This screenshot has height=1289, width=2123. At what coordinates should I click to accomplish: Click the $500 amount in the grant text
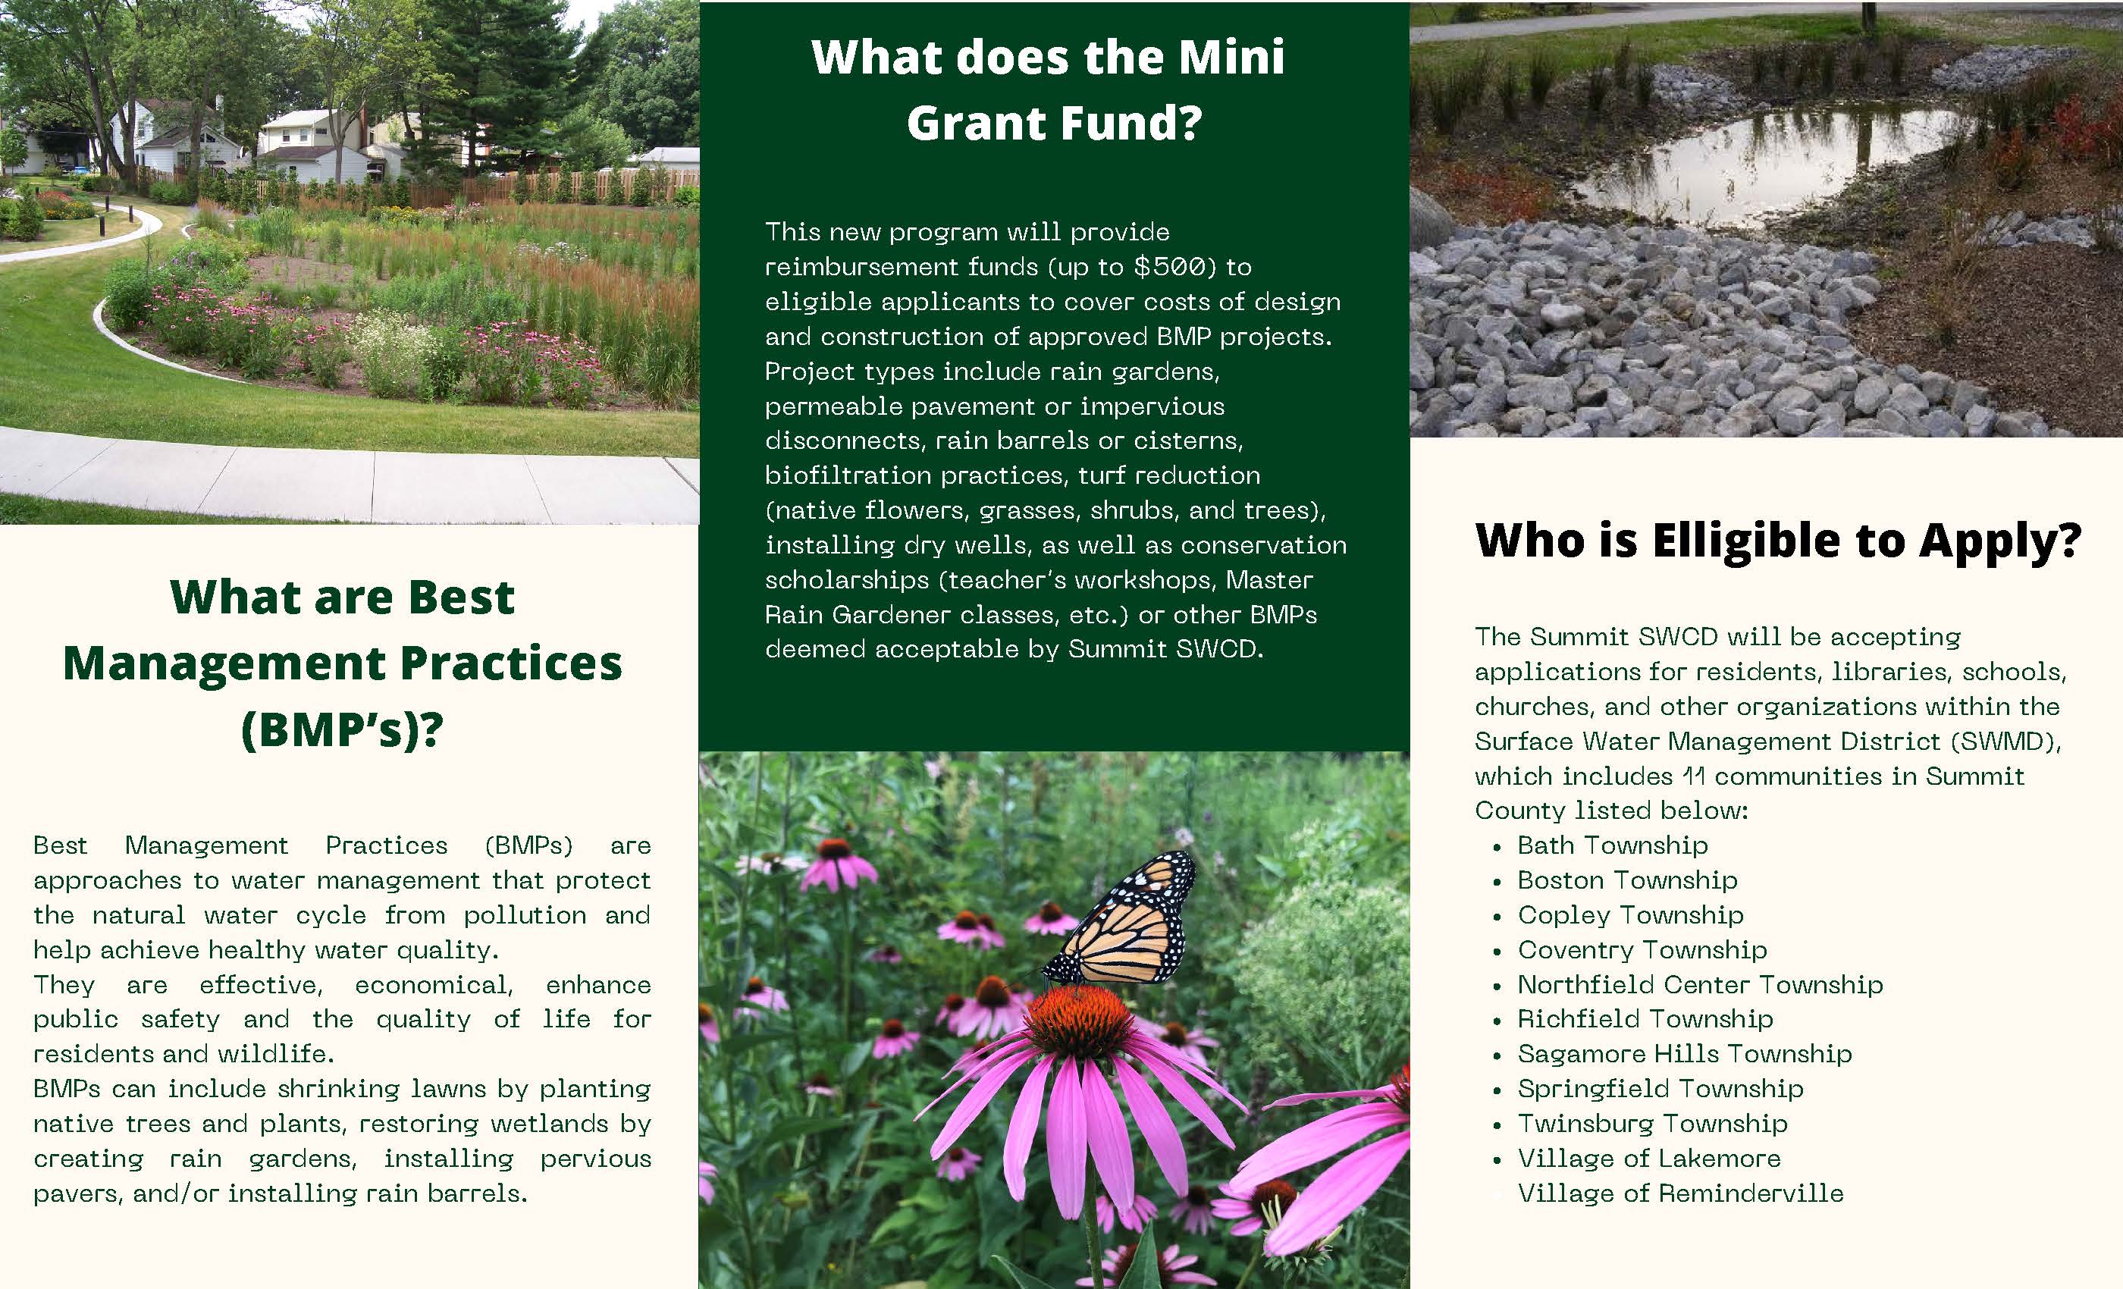pyautogui.click(x=1174, y=267)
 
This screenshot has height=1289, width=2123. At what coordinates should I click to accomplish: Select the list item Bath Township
pyautogui.click(x=1612, y=845)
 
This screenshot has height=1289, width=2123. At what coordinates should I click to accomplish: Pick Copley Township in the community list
pyautogui.click(x=1630, y=915)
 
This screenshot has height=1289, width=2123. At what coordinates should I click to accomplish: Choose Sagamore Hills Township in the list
pyautogui.click(x=1685, y=1054)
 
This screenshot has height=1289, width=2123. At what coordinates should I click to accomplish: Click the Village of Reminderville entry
pyautogui.click(x=1680, y=1193)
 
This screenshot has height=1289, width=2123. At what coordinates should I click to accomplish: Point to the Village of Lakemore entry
pyautogui.click(x=1649, y=1158)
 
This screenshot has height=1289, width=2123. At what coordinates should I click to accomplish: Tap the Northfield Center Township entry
pyautogui.click(x=1700, y=985)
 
